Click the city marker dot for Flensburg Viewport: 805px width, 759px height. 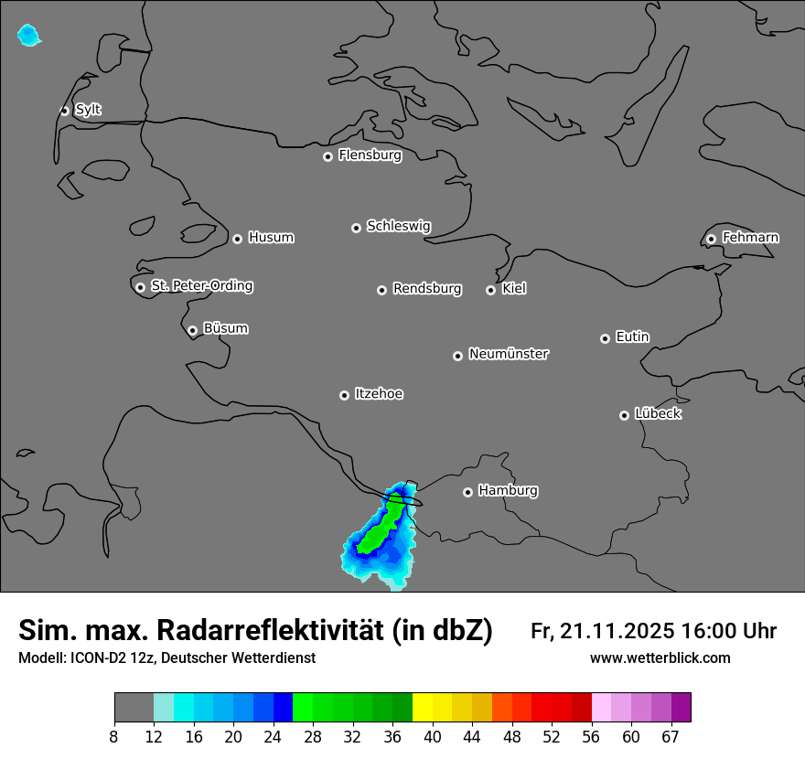(x=327, y=156)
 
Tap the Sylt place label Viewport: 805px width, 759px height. (x=88, y=110)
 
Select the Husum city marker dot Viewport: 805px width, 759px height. (x=237, y=239)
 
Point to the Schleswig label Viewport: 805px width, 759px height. (x=398, y=226)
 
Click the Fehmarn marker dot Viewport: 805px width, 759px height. (x=711, y=239)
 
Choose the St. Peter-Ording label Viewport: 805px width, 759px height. (x=201, y=286)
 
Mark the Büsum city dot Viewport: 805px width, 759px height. (x=192, y=330)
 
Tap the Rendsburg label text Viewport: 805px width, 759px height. (x=427, y=289)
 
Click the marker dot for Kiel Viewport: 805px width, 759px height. (x=490, y=290)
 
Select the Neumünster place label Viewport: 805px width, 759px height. (x=509, y=354)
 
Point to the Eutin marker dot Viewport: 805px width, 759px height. (x=605, y=338)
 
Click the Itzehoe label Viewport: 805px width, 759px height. (x=379, y=394)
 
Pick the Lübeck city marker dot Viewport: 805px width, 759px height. (x=624, y=414)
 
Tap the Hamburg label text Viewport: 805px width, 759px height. (x=508, y=490)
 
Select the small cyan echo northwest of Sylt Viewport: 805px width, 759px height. (x=28, y=36)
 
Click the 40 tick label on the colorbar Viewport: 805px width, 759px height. (x=433, y=736)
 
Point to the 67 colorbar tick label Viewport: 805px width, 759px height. (x=671, y=736)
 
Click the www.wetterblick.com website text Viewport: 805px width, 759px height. (x=660, y=658)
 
